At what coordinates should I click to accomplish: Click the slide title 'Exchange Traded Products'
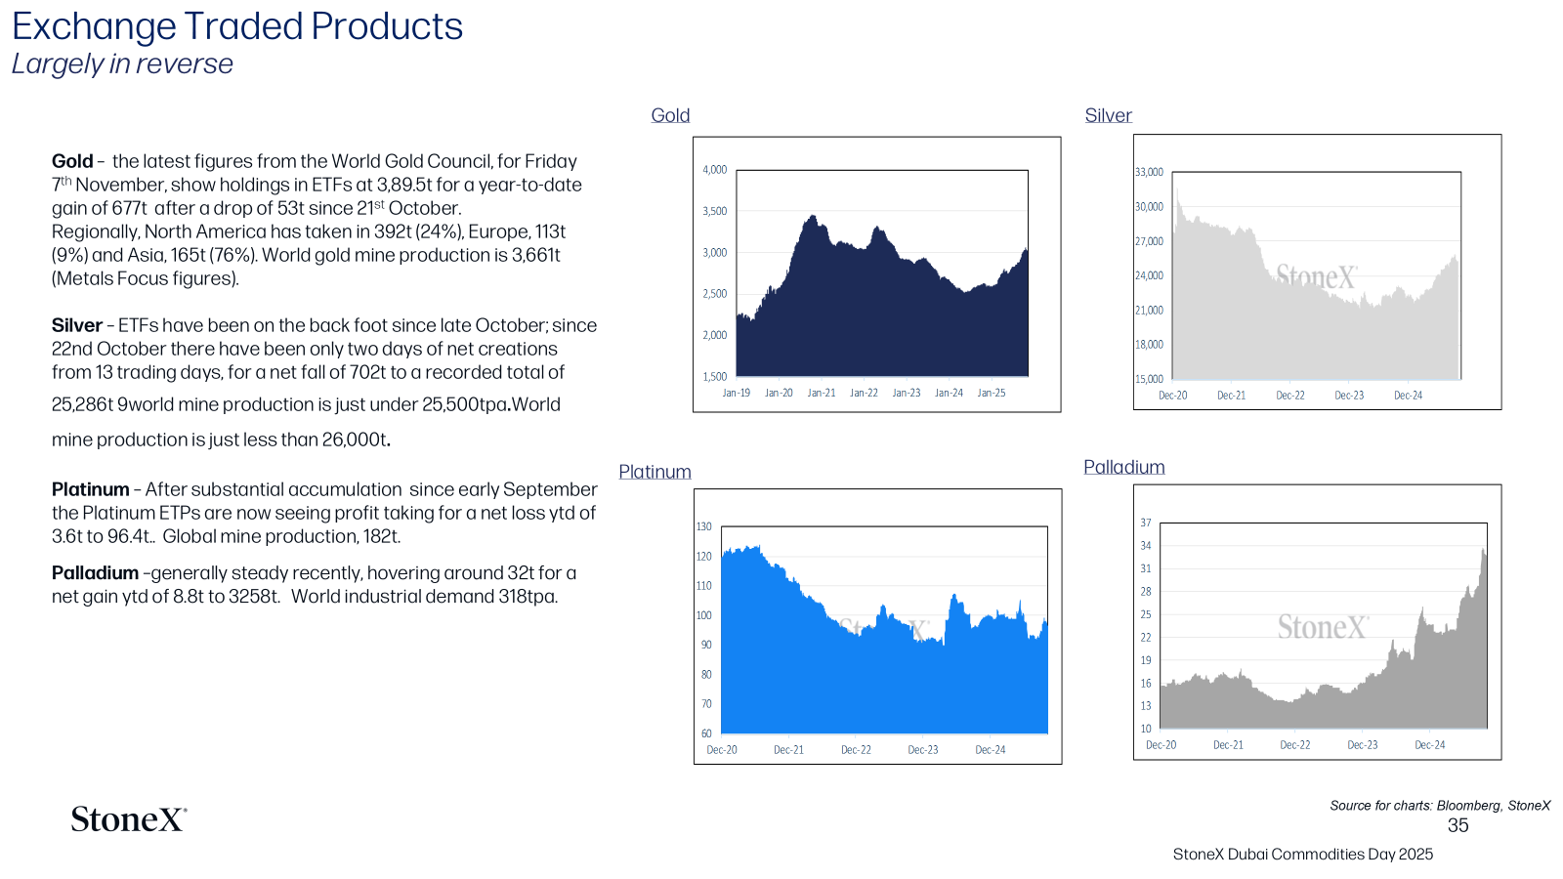coord(237,26)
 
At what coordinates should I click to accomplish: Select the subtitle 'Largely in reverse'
coord(122,63)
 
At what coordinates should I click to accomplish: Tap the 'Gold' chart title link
coord(670,115)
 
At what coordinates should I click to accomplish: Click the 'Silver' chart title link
coord(1108,115)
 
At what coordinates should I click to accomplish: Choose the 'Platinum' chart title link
coord(655,472)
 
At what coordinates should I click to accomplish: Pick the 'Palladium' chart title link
coord(1124,467)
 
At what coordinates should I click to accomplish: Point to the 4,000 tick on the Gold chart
coord(714,170)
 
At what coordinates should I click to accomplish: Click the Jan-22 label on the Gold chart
coord(864,393)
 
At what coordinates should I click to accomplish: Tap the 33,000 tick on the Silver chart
coord(1149,172)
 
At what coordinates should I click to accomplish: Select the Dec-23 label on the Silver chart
coord(1349,395)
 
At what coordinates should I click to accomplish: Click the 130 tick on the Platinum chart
coord(704,526)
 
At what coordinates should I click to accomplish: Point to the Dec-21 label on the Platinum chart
coord(788,749)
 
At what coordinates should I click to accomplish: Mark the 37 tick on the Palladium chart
coord(1146,523)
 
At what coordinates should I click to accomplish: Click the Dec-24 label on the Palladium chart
coord(1430,744)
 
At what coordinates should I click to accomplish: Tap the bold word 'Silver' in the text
coord(77,326)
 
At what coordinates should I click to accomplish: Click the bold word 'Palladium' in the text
coord(95,572)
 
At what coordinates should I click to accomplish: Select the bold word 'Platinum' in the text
coord(90,489)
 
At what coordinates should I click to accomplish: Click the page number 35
coord(1457,825)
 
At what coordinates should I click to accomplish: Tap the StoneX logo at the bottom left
coord(129,819)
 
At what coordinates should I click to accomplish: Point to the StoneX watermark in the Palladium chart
coord(1323,626)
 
